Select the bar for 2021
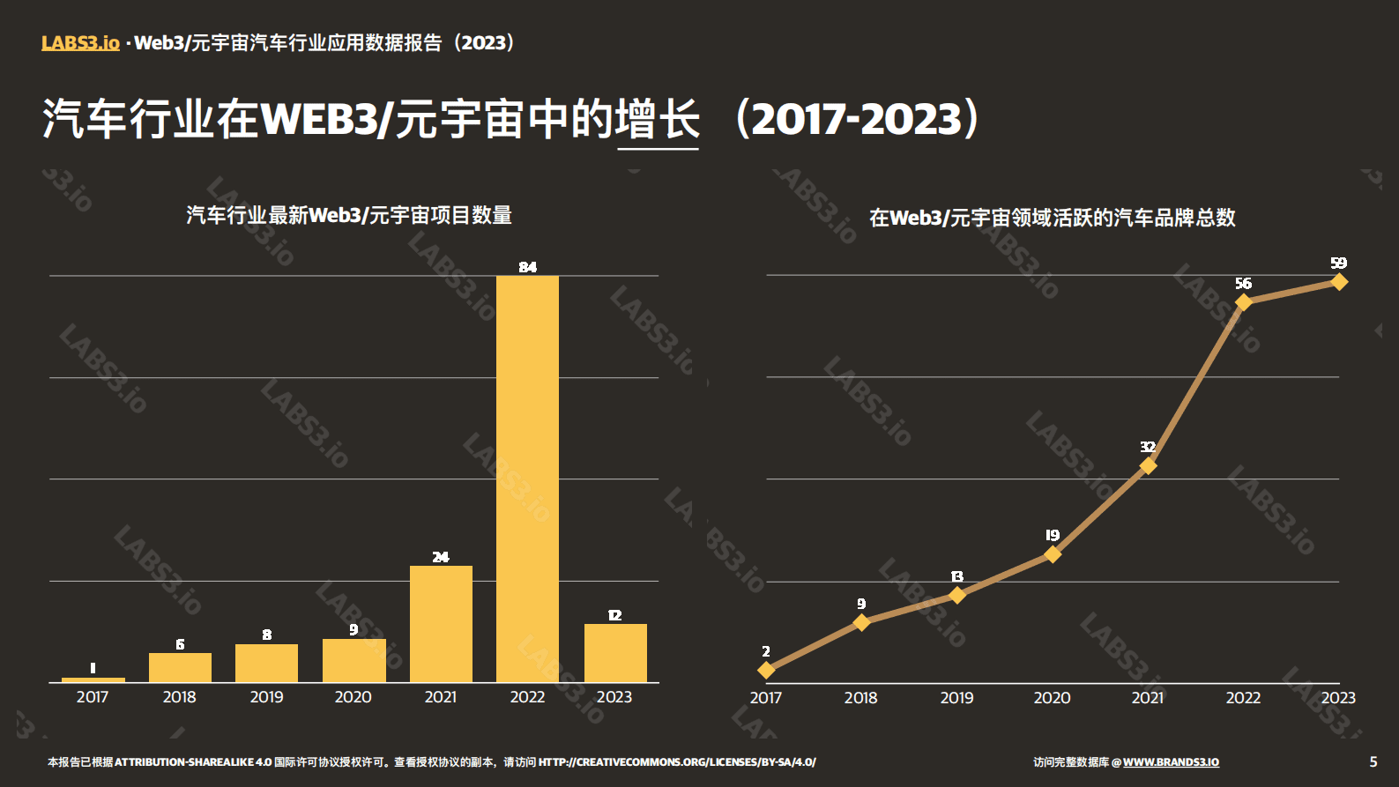pos(441,623)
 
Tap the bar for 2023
pos(615,652)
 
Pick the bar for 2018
pos(180,667)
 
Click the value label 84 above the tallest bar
pos(527,267)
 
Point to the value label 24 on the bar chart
pos(441,557)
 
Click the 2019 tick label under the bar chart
pos(266,697)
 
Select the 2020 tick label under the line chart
pos(1052,698)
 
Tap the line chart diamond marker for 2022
pos(1243,302)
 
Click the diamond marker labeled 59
pos(1339,282)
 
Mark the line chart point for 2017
pos(766,670)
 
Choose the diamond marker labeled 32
pos(1148,465)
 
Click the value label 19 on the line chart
pos(1052,535)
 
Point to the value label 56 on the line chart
pos(1243,283)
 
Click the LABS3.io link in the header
pos(80,42)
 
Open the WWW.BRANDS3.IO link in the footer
pos(1171,761)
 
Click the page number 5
pos(1373,761)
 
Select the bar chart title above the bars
pos(349,215)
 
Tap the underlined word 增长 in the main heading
pos(658,119)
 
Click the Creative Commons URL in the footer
pos(677,761)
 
